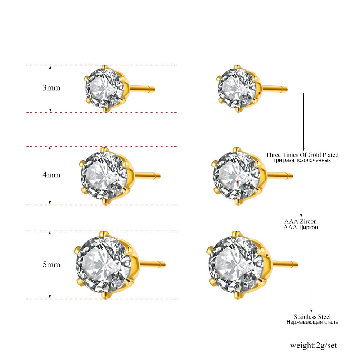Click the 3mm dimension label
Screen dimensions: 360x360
(x=51, y=87)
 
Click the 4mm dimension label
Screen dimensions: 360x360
(x=51, y=175)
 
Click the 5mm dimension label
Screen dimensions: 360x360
(x=51, y=264)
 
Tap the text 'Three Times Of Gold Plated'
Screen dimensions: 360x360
(x=302, y=155)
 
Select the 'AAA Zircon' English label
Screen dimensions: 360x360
(x=301, y=221)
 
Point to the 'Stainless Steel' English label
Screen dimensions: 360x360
(x=312, y=316)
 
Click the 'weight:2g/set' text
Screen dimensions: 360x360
(x=313, y=345)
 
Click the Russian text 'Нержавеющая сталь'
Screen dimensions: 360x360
(x=312, y=322)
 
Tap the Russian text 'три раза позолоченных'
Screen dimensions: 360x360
(x=302, y=160)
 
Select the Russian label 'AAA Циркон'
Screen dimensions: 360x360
(x=301, y=227)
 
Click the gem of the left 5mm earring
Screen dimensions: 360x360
(x=102, y=264)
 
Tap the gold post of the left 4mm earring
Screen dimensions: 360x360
(x=148, y=176)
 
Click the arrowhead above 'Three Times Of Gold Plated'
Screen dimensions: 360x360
(x=303, y=149)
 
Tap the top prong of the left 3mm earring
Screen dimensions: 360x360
(x=105, y=67)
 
